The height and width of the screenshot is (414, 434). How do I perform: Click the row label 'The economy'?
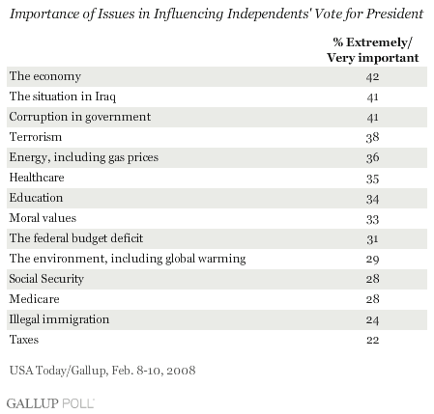click(45, 76)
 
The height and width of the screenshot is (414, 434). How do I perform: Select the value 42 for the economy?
click(372, 77)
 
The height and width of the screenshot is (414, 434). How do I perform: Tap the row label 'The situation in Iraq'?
click(63, 97)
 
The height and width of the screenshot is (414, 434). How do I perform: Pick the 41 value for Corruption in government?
click(372, 118)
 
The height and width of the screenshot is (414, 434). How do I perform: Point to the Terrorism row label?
click(36, 137)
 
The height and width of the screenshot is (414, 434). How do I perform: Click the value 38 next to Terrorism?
click(372, 138)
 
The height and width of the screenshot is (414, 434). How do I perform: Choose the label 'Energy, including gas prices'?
click(84, 157)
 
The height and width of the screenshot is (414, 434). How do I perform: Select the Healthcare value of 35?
click(372, 179)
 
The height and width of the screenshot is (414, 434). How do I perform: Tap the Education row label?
click(36, 198)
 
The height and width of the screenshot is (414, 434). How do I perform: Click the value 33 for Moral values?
click(372, 219)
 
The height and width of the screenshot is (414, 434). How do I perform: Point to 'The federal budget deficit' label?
click(76, 238)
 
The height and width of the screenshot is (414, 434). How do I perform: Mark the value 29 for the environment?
click(372, 260)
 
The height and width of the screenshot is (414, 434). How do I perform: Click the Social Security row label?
click(46, 279)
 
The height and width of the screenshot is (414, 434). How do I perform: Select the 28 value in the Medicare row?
click(372, 299)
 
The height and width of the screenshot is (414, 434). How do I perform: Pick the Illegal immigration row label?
click(59, 319)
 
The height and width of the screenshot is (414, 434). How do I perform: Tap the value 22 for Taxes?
click(372, 340)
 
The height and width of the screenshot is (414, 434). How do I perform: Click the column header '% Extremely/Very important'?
click(373, 50)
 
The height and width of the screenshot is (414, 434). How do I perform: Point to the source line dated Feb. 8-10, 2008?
click(102, 371)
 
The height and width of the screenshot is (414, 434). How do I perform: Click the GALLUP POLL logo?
click(50, 403)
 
